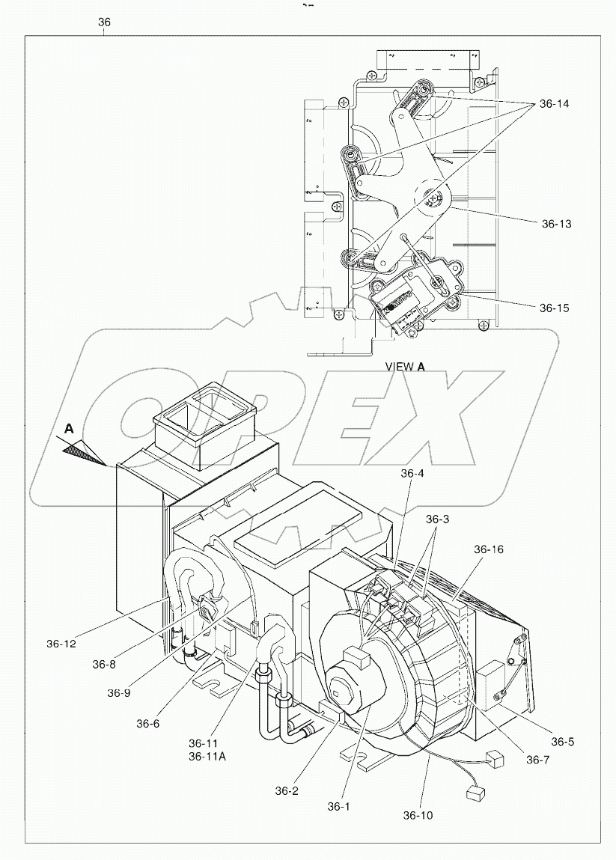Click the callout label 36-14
(x=554, y=104)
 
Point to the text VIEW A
(x=405, y=367)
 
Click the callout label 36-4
(x=412, y=473)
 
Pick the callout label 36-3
(x=439, y=519)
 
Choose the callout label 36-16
(x=489, y=549)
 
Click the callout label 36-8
(x=106, y=664)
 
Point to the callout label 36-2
(x=287, y=790)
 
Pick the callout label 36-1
(x=339, y=806)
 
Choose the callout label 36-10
(x=418, y=815)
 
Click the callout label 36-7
(x=538, y=760)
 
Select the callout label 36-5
(x=564, y=742)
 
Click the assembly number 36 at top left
(x=104, y=22)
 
